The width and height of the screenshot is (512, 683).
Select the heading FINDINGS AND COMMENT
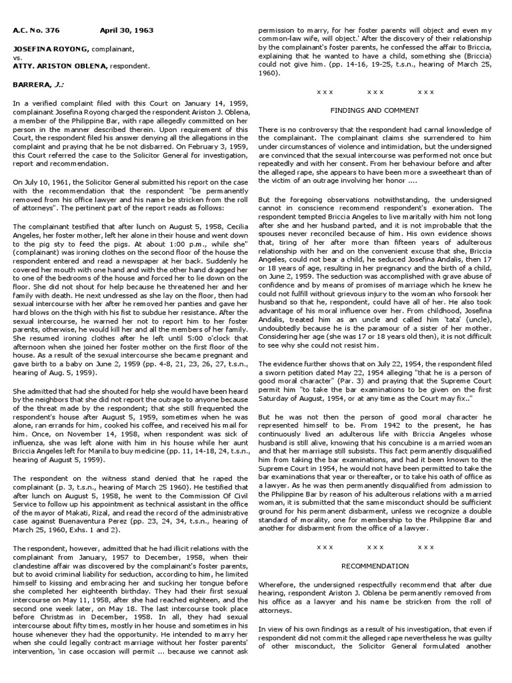[375, 109]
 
